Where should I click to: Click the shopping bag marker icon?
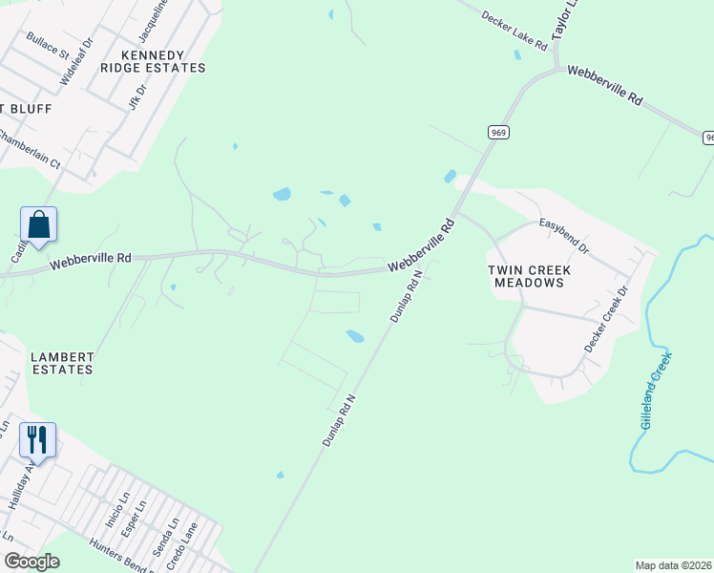(x=38, y=225)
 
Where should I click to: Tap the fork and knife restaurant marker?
(x=37, y=440)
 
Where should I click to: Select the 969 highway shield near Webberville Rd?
(x=498, y=133)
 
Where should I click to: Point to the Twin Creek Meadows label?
(x=526, y=276)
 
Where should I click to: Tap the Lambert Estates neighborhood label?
(x=62, y=363)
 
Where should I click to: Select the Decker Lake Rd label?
(x=514, y=32)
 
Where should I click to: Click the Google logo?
(x=31, y=561)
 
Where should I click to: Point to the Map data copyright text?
(x=674, y=565)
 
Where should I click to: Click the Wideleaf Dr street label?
(x=76, y=63)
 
